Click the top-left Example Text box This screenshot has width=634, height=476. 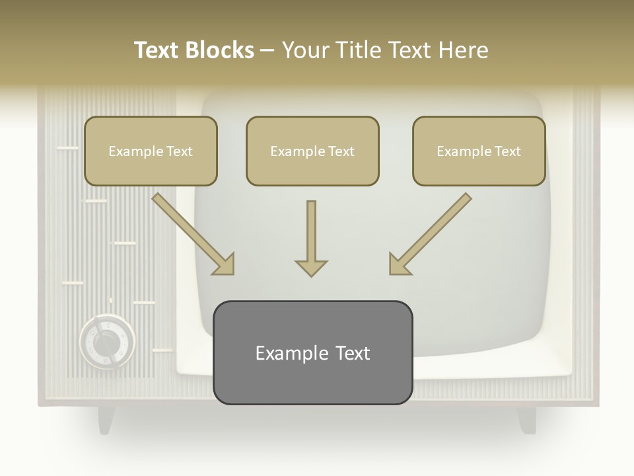(151, 151)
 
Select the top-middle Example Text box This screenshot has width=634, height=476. (312, 151)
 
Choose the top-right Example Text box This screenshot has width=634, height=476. (479, 151)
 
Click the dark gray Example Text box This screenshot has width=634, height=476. (312, 352)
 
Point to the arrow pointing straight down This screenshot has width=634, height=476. (311, 238)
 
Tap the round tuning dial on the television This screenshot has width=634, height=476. (106, 342)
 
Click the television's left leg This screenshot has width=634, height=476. (106, 419)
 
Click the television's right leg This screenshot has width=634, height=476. (526, 419)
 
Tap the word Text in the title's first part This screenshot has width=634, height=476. (157, 50)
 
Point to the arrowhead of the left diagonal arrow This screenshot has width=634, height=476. (225, 264)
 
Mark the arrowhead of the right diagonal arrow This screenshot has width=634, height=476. (398, 264)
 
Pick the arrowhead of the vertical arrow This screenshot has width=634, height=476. (311, 267)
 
